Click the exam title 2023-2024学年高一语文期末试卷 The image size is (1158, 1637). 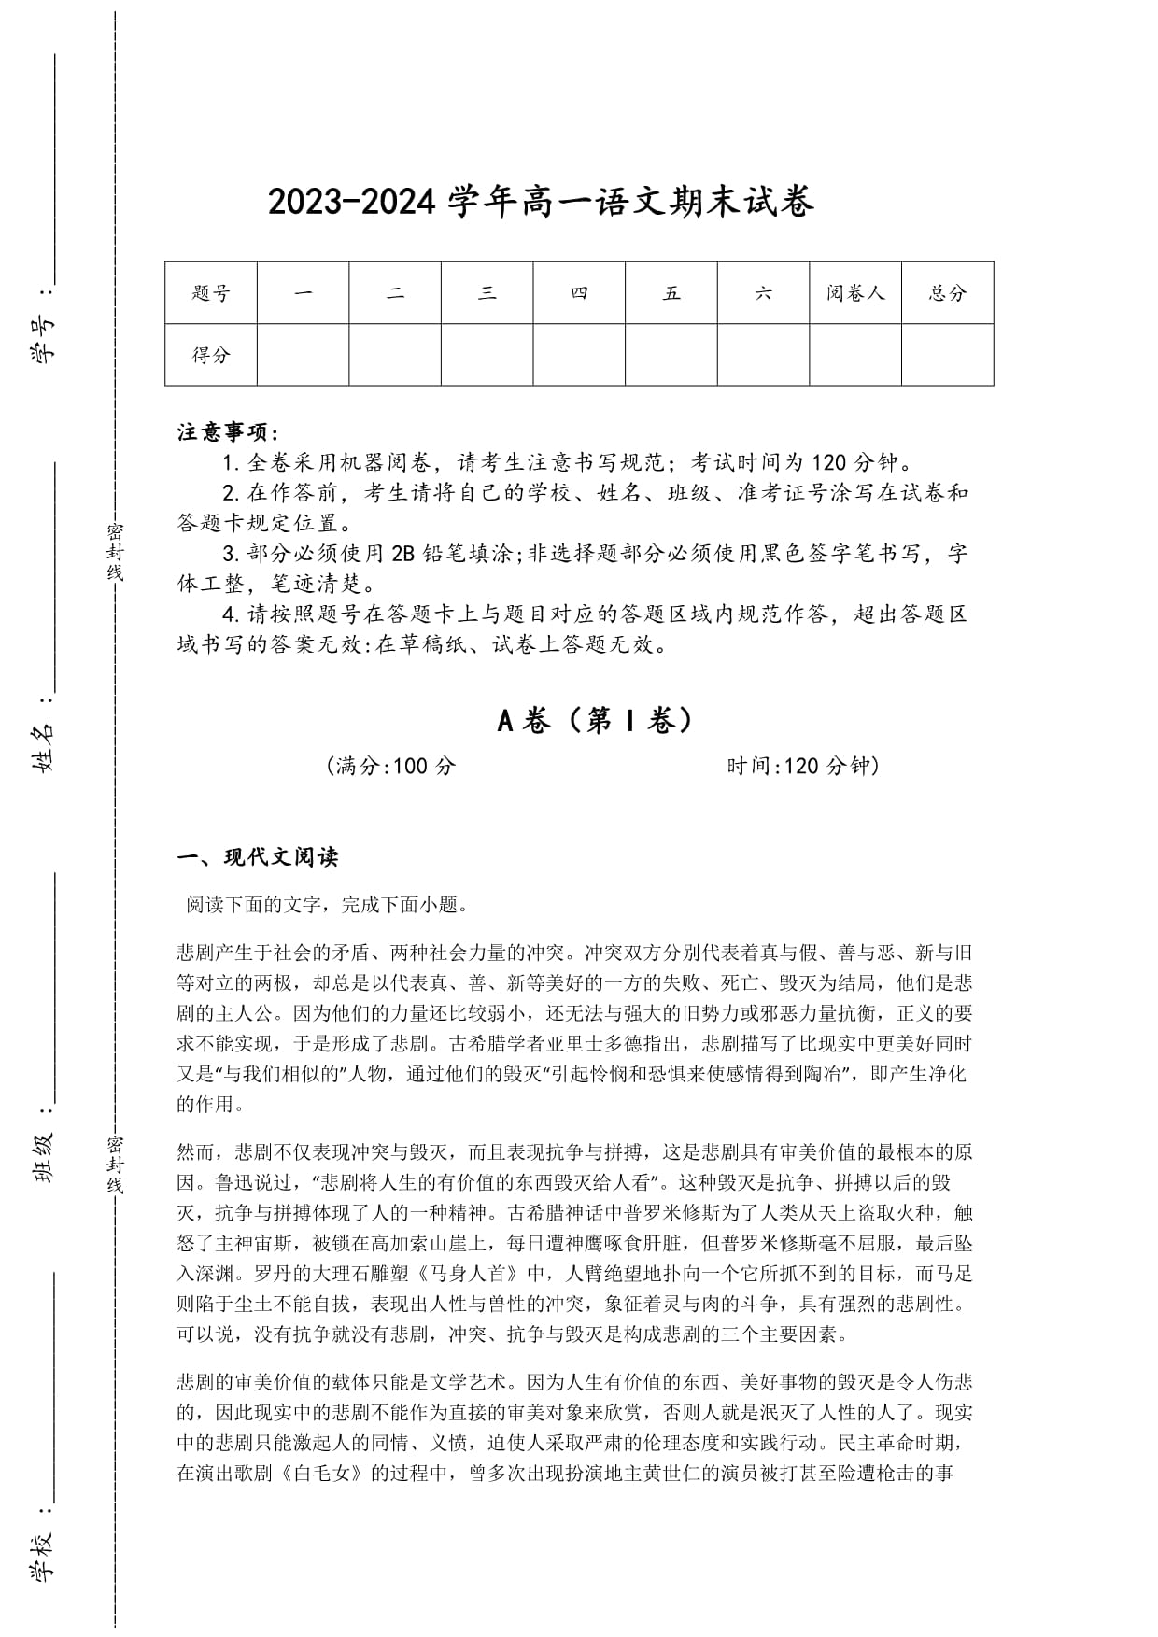tap(541, 203)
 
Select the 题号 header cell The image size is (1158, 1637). tap(211, 293)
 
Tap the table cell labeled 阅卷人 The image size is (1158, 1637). tap(854, 293)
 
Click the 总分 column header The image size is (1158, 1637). tap(947, 293)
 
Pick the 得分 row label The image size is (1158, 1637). tap(211, 355)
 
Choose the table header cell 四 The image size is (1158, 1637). tap(579, 293)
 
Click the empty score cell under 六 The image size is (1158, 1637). tap(763, 355)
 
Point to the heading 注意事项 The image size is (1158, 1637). tap(228, 432)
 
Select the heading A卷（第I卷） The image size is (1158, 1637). tap(597, 720)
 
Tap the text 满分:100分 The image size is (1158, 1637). tap(392, 767)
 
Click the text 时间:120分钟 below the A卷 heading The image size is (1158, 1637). tap(803, 767)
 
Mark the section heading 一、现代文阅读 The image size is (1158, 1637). tap(258, 857)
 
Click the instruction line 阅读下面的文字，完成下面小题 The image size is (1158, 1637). tap(327, 905)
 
